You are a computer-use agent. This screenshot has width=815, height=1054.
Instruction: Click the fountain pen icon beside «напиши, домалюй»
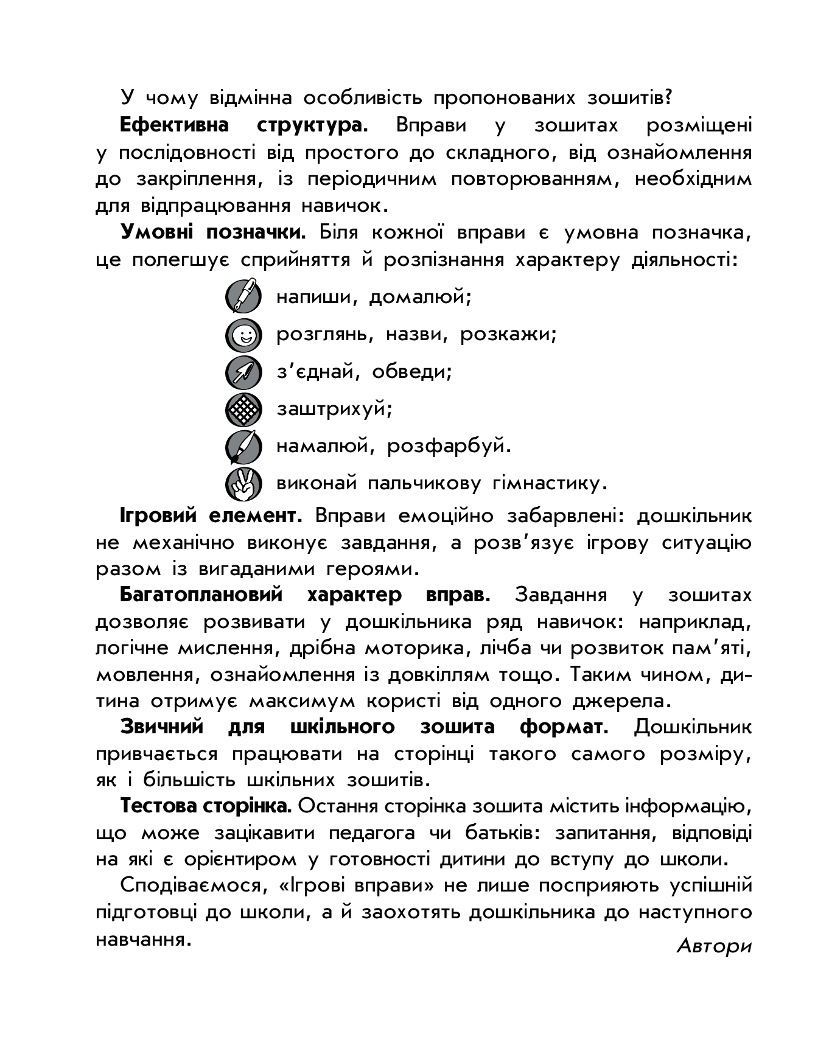(x=243, y=297)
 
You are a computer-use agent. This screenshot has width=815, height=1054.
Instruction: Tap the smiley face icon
(x=243, y=335)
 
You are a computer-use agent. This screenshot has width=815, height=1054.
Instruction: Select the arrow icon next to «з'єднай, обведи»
(x=243, y=372)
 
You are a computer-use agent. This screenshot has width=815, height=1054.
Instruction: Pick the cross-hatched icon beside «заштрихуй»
(x=243, y=409)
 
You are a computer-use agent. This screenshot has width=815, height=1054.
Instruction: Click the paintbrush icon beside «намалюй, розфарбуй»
(x=243, y=447)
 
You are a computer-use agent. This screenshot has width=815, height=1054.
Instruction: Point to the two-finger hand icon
(x=243, y=484)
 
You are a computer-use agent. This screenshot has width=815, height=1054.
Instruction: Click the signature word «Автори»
(x=714, y=946)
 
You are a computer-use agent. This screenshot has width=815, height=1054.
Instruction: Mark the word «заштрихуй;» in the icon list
(x=335, y=409)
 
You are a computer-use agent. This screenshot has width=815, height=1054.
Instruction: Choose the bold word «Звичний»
(x=162, y=727)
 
